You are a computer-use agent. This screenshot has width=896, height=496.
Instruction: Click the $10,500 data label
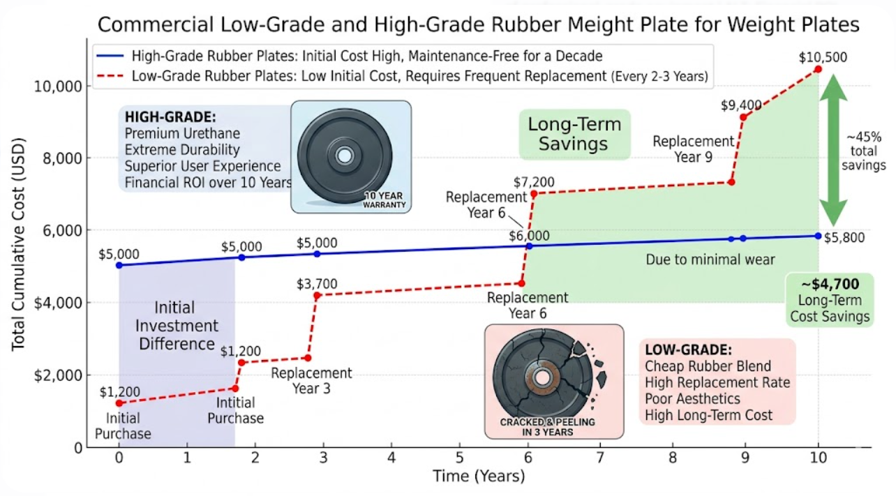pos(823,57)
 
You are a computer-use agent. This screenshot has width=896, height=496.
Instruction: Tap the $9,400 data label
pos(741,105)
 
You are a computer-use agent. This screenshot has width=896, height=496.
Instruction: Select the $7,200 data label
pos(534,183)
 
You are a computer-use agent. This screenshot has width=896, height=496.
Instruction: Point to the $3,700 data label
pos(317,283)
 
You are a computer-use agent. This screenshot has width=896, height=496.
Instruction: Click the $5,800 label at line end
pos(844,237)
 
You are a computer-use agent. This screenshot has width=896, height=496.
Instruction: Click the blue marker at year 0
pos(119,265)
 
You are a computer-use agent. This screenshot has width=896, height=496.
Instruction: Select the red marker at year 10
pos(818,69)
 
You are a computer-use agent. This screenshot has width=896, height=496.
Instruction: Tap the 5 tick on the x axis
pos(459,458)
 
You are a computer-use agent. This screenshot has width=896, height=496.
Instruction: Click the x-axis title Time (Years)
pos(478,477)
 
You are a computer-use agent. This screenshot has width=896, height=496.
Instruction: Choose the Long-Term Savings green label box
pos(575,134)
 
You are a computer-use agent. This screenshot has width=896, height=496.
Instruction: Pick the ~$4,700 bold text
pos(830,284)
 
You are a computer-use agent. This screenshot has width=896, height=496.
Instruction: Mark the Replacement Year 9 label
pos(693,149)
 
